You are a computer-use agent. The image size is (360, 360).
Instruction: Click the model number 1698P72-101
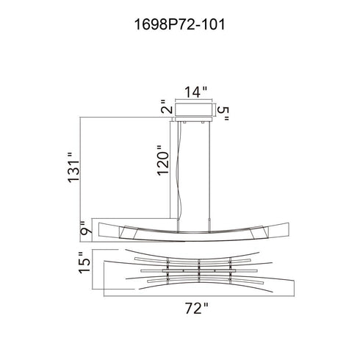coord(179,25)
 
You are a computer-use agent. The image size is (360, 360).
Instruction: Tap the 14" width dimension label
coord(195,92)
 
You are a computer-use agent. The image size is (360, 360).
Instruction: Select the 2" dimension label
coord(167,107)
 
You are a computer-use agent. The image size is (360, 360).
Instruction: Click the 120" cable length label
coord(163,161)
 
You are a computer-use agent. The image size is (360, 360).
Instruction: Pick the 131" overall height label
coord(73,168)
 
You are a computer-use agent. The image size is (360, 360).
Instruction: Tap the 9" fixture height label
coord(86,228)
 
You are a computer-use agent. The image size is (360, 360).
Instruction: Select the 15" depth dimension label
coord(84,262)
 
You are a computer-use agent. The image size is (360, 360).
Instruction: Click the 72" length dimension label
coord(196,309)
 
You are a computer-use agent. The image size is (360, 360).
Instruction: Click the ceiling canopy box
coord(193,109)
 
